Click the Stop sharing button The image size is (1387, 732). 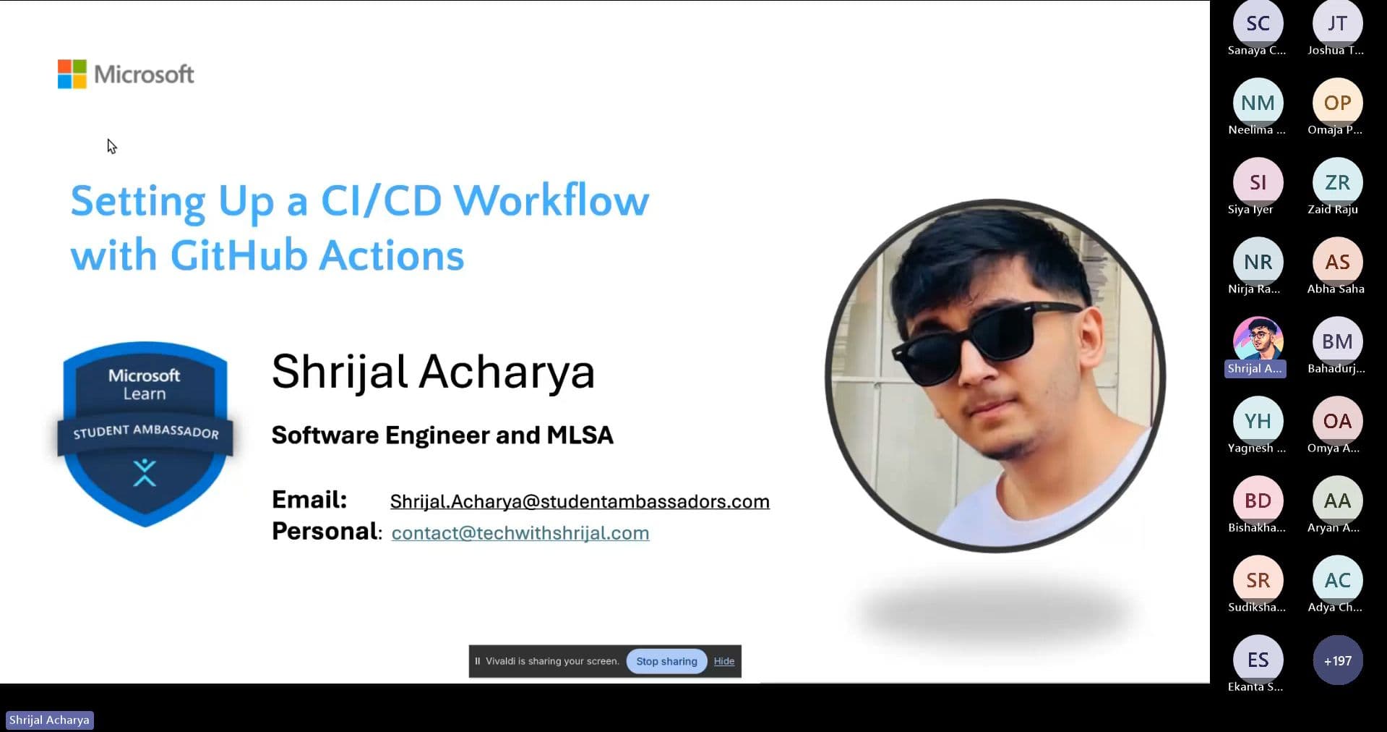pyautogui.click(x=666, y=661)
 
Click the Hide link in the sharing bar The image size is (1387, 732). pyautogui.click(x=723, y=661)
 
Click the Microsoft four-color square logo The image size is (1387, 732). pyautogui.click(x=72, y=74)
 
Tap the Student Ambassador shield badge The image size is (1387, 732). pyautogui.click(x=145, y=433)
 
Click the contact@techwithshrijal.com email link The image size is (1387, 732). pyautogui.click(x=520, y=533)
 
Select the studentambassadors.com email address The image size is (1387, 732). pyautogui.click(x=579, y=501)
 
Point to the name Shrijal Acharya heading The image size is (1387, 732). pyautogui.click(x=432, y=372)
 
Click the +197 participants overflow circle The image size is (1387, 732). pyautogui.click(x=1337, y=660)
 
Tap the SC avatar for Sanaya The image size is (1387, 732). pyautogui.click(x=1258, y=24)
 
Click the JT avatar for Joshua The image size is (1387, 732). pyautogui.click(x=1337, y=24)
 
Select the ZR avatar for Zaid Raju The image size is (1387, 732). pyautogui.click(x=1337, y=182)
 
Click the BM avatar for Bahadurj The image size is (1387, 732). pyautogui.click(x=1337, y=341)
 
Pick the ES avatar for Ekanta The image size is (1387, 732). pyautogui.click(x=1258, y=660)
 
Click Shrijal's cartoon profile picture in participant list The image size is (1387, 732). pyautogui.click(x=1258, y=339)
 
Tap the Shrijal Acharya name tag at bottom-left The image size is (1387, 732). pyautogui.click(x=49, y=720)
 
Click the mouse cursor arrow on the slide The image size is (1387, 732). pyautogui.click(x=111, y=146)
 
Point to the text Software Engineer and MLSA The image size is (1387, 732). pyautogui.click(x=442, y=435)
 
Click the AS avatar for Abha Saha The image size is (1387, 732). pyautogui.click(x=1337, y=262)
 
